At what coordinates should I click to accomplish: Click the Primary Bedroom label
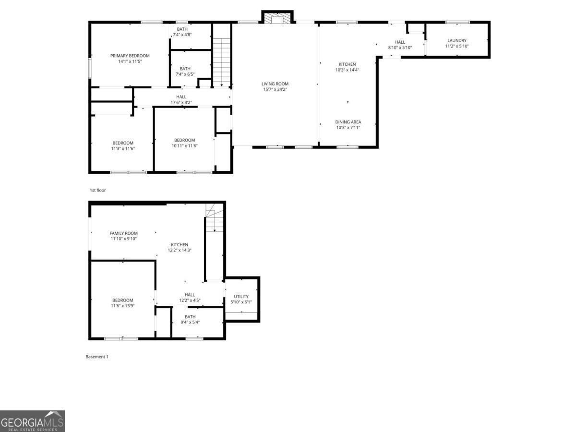(130, 56)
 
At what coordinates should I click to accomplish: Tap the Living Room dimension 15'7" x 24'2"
(275, 90)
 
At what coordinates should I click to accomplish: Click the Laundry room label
(456, 41)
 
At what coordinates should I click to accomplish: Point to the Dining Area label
(348, 122)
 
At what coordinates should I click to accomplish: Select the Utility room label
(241, 296)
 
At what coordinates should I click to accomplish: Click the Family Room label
(123, 233)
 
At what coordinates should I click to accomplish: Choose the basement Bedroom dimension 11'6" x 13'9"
(123, 306)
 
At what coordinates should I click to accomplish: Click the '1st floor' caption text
(97, 190)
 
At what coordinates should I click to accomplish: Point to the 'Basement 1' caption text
(97, 357)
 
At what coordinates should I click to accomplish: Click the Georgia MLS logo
(32, 421)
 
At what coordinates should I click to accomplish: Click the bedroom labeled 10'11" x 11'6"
(184, 143)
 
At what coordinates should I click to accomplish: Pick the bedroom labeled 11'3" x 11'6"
(123, 146)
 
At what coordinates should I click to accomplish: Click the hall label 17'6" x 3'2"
(181, 100)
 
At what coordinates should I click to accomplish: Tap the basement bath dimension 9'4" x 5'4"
(190, 322)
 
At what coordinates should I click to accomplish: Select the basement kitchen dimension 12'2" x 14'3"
(180, 250)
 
